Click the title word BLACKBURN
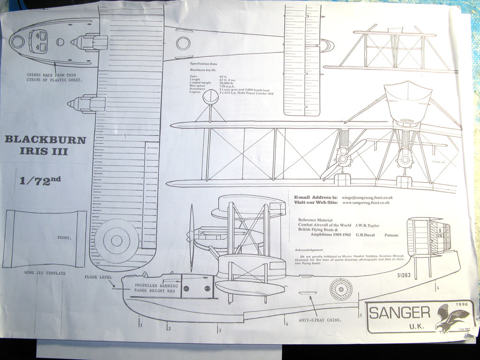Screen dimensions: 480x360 click(x=45, y=140)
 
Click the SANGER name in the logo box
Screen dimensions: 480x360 click(x=399, y=312)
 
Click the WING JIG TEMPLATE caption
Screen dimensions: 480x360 click(x=45, y=273)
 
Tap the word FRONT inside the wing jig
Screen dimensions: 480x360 click(x=64, y=238)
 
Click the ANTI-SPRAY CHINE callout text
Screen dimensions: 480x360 click(x=320, y=320)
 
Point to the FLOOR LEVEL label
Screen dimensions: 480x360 click(x=97, y=277)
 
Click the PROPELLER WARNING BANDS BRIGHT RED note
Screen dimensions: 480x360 click(x=157, y=288)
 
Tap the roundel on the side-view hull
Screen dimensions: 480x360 click(x=341, y=289)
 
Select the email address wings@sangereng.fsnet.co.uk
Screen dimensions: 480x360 click(x=367, y=198)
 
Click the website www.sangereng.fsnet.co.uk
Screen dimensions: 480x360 click(x=366, y=203)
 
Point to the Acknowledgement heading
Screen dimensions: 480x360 click(x=309, y=250)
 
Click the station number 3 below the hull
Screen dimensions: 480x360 click(x=219, y=330)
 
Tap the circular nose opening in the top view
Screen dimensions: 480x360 click(x=18, y=41)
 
